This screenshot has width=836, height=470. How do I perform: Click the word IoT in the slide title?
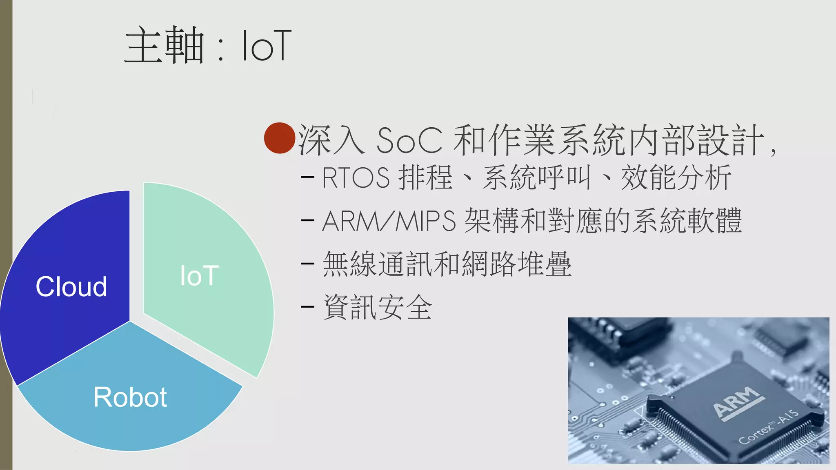click(267, 46)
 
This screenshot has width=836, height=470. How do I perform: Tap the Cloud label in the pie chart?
click(71, 286)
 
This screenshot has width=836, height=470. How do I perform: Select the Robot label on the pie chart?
click(130, 397)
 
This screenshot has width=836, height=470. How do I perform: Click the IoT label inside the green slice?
click(199, 276)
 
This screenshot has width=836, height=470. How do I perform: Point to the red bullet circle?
click(280, 138)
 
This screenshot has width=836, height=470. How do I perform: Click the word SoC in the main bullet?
click(409, 140)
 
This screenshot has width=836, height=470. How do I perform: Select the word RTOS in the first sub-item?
click(356, 178)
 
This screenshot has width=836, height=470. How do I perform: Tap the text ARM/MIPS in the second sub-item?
click(389, 221)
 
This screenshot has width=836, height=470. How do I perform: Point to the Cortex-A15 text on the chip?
click(768, 427)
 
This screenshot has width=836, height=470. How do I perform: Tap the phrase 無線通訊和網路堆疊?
click(447, 264)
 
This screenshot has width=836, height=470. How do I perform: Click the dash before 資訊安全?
click(307, 306)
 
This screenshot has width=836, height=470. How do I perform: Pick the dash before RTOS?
click(307, 177)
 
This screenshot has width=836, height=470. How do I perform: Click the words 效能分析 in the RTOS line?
click(676, 178)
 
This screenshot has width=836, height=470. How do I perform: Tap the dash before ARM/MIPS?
click(307, 221)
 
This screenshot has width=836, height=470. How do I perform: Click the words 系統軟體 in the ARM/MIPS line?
click(687, 221)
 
